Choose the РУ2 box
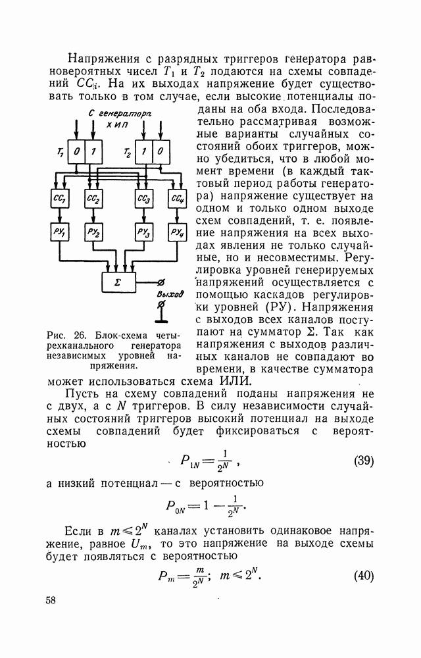point(93,232)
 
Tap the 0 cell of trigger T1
point(77,151)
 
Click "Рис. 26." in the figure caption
point(65,333)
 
